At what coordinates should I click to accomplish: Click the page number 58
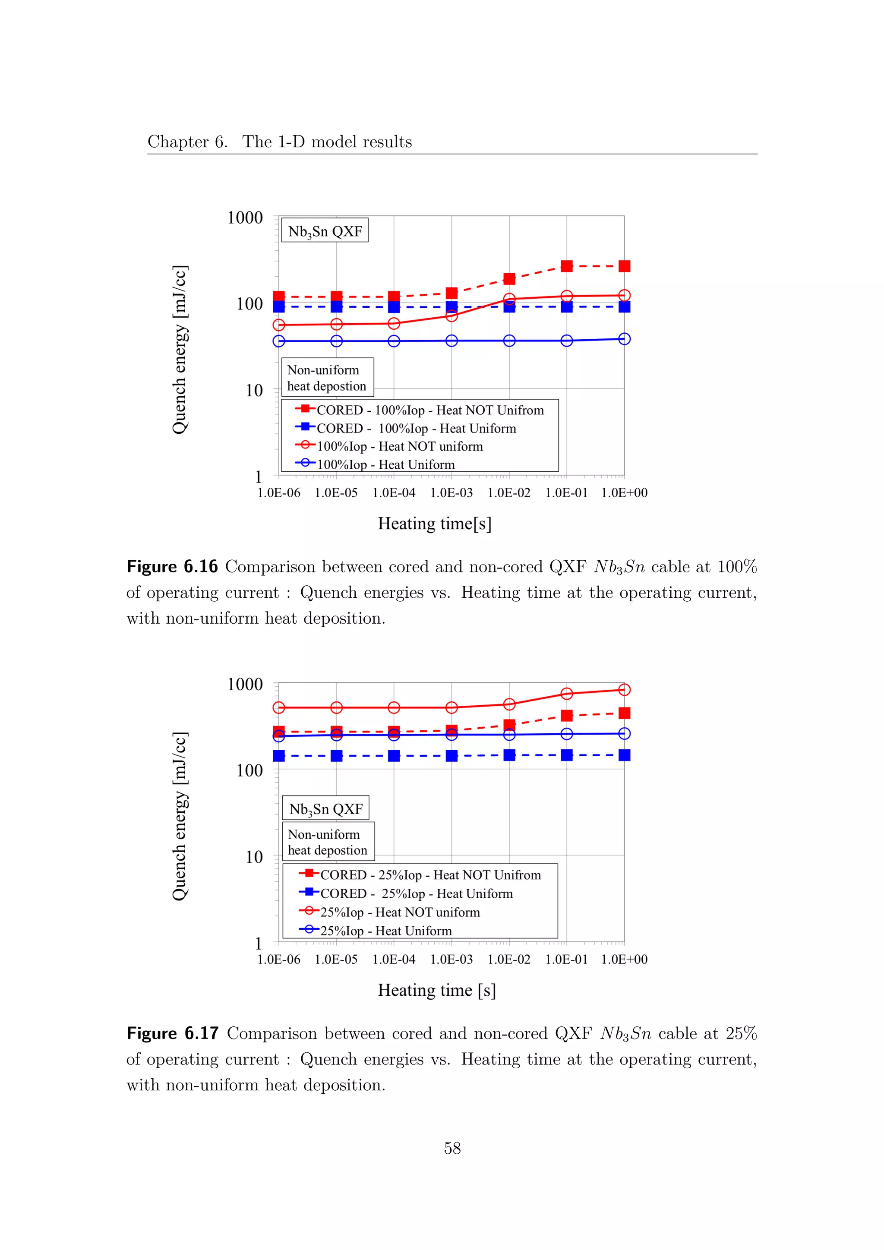[x=452, y=1148]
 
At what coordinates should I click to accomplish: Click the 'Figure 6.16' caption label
[x=172, y=567]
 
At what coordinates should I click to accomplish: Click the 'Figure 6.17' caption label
[x=173, y=1033]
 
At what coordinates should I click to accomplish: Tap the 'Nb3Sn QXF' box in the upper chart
[x=325, y=231]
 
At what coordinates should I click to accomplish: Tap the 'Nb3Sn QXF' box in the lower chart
[x=325, y=808]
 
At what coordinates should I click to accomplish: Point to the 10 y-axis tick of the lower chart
[x=254, y=857]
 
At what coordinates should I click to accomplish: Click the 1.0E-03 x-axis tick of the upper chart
[x=451, y=492]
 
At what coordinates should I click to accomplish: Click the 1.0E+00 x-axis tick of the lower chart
[x=624, y=959]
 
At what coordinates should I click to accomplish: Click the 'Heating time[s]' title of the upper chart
[x=434, y=524]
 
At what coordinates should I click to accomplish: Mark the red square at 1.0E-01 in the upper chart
[x=567, y=266]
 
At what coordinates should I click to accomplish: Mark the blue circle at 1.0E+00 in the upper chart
[x=624, y=339]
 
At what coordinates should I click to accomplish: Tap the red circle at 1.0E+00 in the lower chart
[x=624, y=690]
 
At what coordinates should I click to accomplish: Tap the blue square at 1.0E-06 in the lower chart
[x=279, y=756]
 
